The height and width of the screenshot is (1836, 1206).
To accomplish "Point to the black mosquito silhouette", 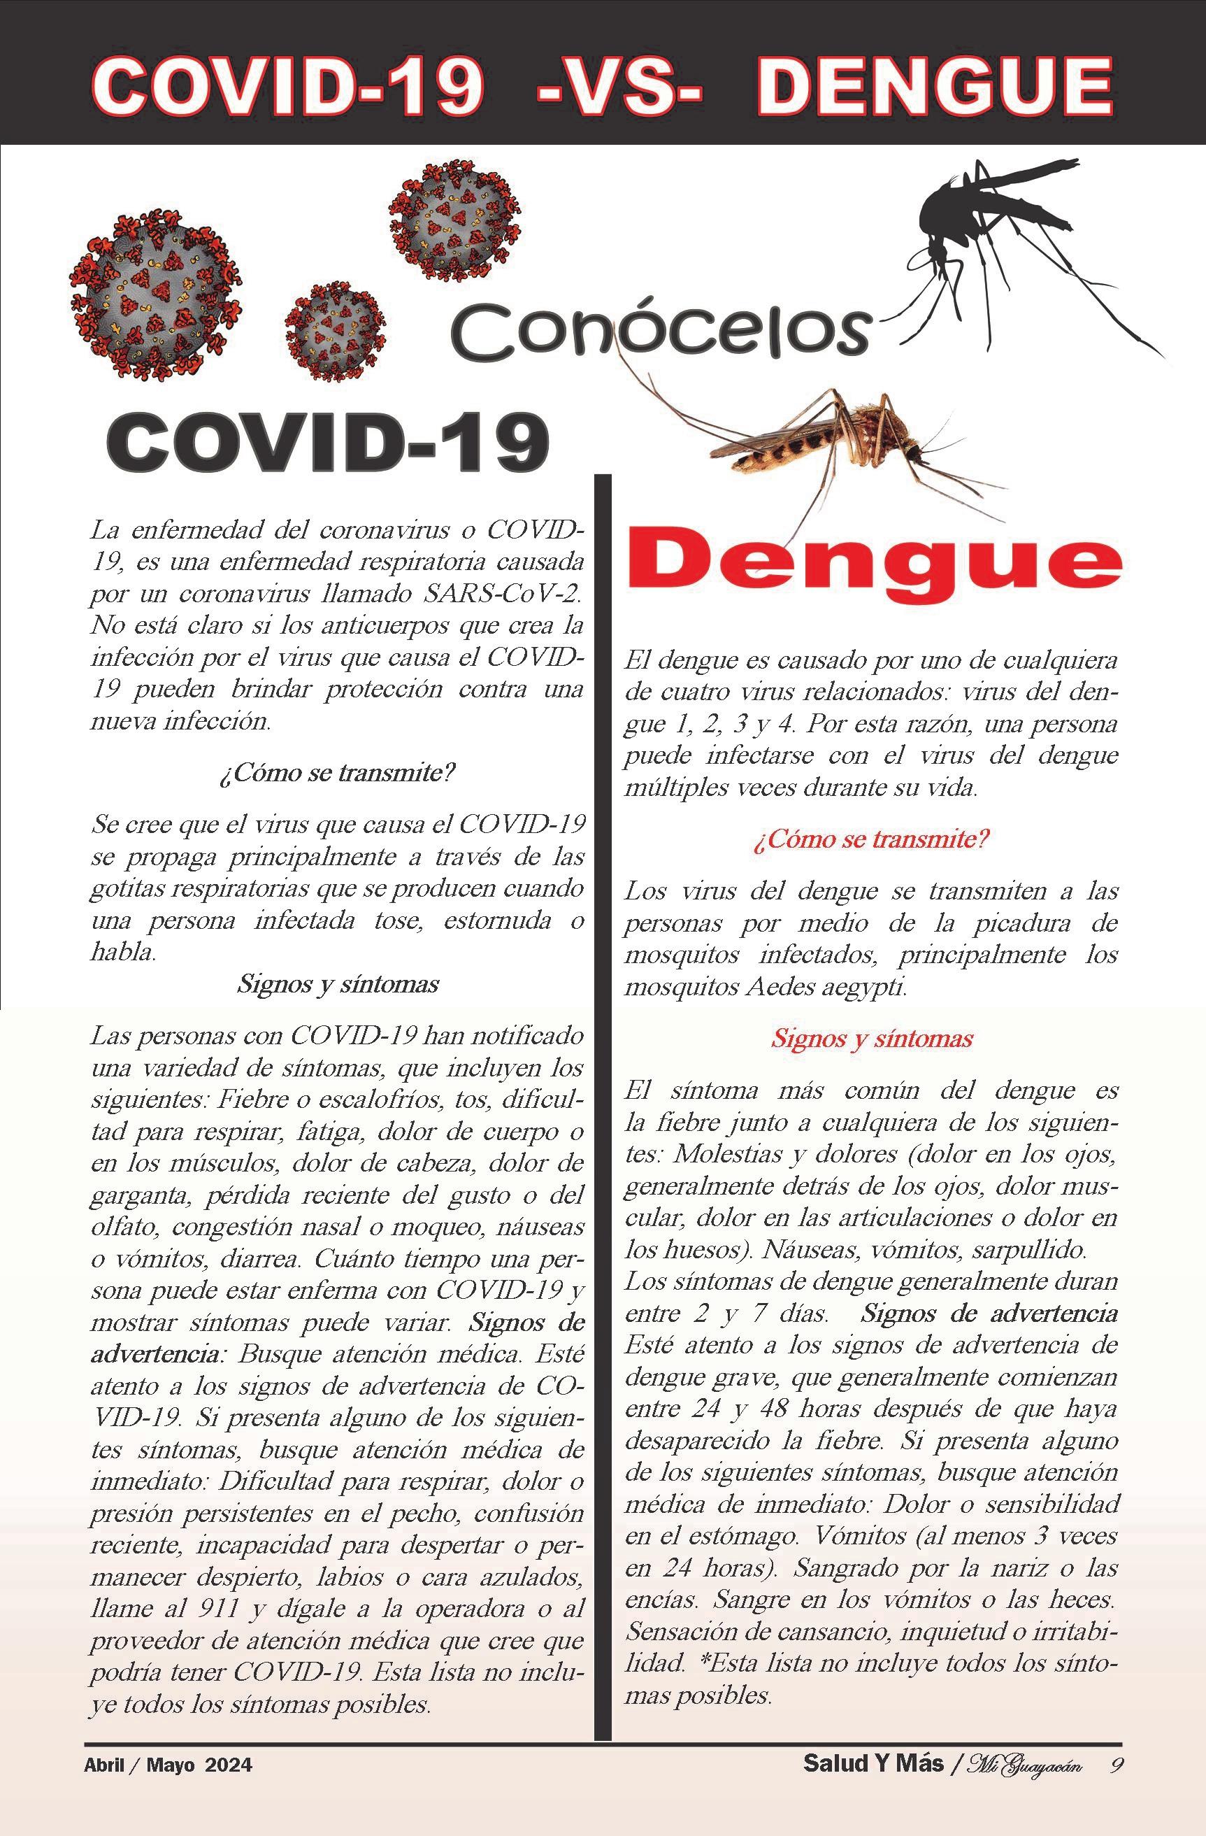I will (x=995, y=232).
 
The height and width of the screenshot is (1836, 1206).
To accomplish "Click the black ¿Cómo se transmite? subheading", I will (x=337, y=772).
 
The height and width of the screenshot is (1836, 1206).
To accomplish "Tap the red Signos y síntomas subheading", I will (x=872, y=1039).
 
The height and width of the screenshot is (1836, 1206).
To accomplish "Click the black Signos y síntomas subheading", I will (x=338, y=984).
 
